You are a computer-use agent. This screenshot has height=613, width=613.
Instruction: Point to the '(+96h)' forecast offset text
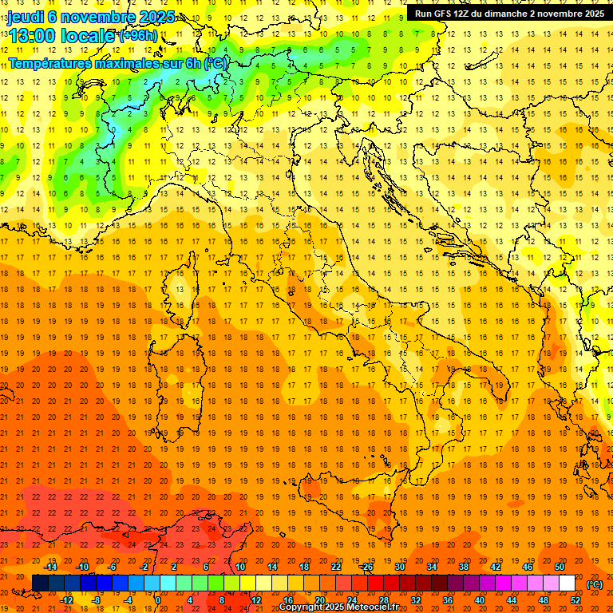[x=138, y=36]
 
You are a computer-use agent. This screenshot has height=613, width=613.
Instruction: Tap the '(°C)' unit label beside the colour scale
[x=594, y=584]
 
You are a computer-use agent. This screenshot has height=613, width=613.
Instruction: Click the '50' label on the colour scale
[x=559, y=567]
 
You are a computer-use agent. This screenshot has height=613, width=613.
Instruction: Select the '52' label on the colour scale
[x=575, y=599]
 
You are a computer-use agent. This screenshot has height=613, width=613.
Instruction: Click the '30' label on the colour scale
[x=399, y=567]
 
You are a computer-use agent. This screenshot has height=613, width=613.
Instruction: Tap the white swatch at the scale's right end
[x=567, y=583]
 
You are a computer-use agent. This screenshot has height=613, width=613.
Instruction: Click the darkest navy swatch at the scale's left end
[x=41, y=583]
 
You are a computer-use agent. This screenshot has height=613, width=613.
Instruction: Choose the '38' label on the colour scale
[x=463, y=567]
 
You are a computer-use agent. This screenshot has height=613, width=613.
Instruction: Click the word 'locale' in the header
[x=89, y=35]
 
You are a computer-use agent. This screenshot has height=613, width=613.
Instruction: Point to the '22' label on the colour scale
[x=335, y=567]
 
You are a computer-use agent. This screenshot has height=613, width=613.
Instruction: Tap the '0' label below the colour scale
[x=158, y=599]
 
